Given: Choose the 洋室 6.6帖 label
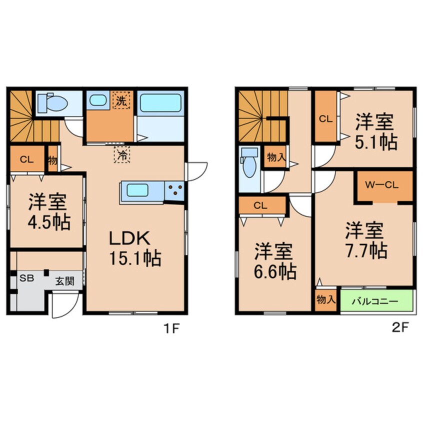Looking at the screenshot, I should (x=274, y=261).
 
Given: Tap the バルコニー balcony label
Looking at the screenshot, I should (x=377, y=301).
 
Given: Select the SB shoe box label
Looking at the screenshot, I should (x=26, y=278).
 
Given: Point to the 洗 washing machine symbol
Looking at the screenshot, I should (x=121, y=100).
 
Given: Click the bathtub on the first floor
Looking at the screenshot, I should (x=160, y=103).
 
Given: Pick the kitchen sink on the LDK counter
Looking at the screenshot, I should (x=141, y=191).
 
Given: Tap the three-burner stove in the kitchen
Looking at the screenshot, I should (x=175, y=190).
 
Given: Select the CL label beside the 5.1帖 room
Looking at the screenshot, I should (x=325, y=118).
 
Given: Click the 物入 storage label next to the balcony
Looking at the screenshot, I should (x=326, y=300).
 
